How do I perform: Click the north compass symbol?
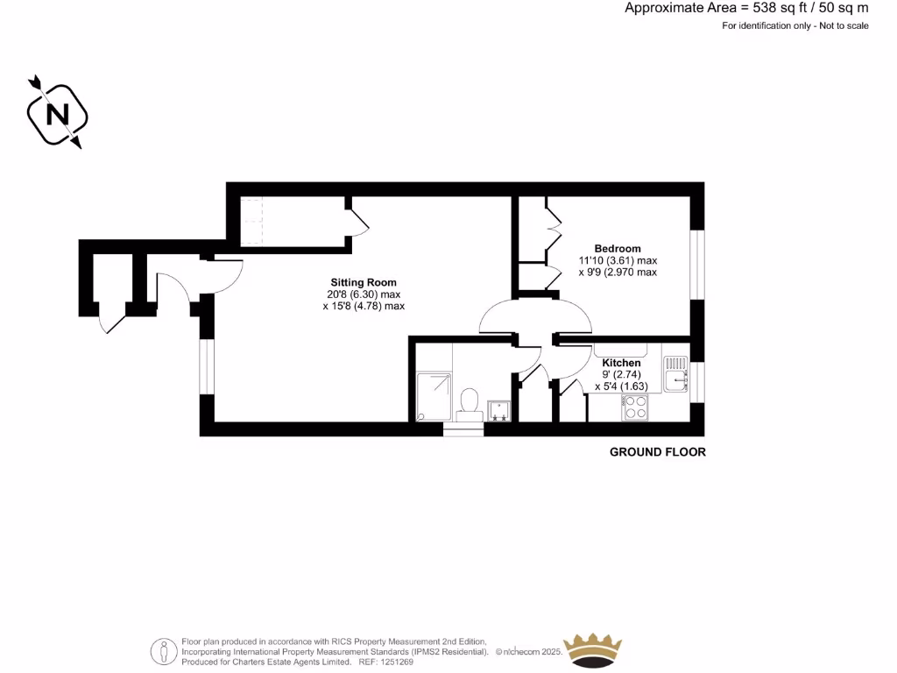point(58,114)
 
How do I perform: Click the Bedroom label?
point(618,249)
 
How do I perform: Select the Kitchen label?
point(621,363)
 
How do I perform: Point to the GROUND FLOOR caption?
point(657,452)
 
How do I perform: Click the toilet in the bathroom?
point(469,405)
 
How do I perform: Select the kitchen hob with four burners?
point(634,407)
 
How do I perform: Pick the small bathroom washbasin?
point(499,410)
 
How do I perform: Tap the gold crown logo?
point(593,649)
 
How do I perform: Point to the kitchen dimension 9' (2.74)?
point(621,374)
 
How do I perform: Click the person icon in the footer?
point(164,650)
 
